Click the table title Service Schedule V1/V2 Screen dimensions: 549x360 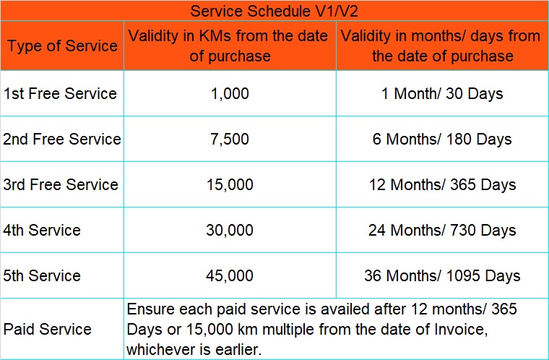click(x=274, y=12)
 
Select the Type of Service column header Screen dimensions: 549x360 click(x=62, y=46)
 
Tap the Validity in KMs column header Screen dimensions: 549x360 click(x=228, y=46)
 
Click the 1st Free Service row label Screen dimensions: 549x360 click(x=60, y=93)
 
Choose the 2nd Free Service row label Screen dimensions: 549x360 click(x=62, y=140)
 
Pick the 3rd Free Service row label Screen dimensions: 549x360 click(x=61, y=185)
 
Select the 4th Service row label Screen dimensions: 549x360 click(x=42, y=231)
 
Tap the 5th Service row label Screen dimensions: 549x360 click(x=42, y=276)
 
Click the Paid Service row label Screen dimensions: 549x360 click(x=47, y=330)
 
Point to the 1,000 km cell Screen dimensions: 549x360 click(x=230, y=94)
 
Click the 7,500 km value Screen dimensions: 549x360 click(x=230, y=140)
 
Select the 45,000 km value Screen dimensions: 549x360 click(x=230, y=276)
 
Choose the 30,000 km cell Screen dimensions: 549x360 click(x=230, y=231)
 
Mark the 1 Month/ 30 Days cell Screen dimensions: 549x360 click(x=442, y=94)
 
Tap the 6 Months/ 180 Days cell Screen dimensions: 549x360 click(x=442, y=140)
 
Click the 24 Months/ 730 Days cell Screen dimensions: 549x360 click(x=442, y=231)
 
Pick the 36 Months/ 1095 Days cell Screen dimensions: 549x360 click(x=442, y=276)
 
